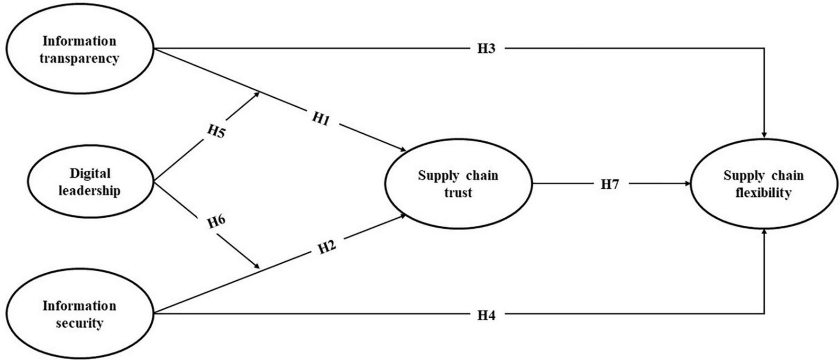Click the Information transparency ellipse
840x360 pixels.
click(x=79, y=49)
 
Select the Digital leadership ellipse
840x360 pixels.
click(x=90, y=182)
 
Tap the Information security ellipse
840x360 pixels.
click(x=79, y=314)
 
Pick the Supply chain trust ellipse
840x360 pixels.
click(x=458, y=184)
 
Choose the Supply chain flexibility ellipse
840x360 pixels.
click(x=763, y=184)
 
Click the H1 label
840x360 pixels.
click(x=321, y=119)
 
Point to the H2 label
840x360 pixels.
click(x=327, y=247)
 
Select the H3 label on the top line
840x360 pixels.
click(x=486, y=48)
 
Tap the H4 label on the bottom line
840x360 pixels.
click(x=486, y=314)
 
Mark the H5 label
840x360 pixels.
click(x=216, y=131)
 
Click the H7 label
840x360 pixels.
click(x=610, y=184)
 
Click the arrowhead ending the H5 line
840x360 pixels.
click(x=257, y=93)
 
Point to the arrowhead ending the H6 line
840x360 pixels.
click(x=257, y=267)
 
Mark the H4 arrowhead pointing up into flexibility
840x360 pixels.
click(x=764, y=232)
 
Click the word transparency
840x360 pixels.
click(x=79, y=59)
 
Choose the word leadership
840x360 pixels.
click(x=90, y=191)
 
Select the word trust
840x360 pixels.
click(x=458, y=193)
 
